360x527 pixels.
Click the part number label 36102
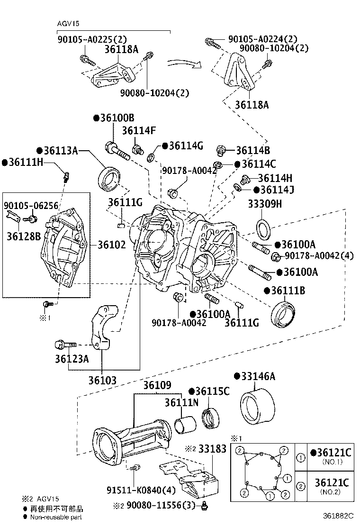pyautogui.click(x=112, y=245)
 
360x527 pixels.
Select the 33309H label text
pyautogui.click(x=265, y=203)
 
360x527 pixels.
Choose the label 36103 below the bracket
pyautogui.click(x=102, y=381)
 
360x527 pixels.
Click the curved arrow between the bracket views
pyautogui.click(x=184, y=63)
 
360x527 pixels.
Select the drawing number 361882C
pyautogui.click(x=338, y=516)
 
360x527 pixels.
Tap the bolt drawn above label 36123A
pyautogui.click(x=66, y=345)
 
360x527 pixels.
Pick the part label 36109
pyautogui.click(x=157, y=385)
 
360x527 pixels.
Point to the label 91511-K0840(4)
pyautogui.click(x=141, y=491)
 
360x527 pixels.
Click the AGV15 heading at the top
pyautogui.click(x=68, y=24)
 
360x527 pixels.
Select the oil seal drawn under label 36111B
pyautogui.click(x=283, y=315)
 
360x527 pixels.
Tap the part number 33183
pyautogui.click(x=212, y=449)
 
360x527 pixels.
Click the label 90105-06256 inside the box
pyautogui.click(x=31, y=205)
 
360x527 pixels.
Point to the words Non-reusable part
pyautogui.click(x=56, y=517)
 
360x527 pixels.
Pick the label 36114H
pyautogui.click(x=275, y=178)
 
